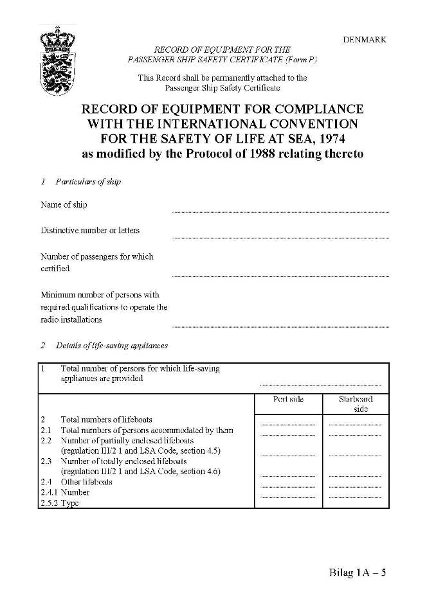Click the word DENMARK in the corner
[365, 39]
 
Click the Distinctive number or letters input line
[280, 236]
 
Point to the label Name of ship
[64, 205]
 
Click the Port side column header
[288, 399]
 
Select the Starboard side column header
[356, 404]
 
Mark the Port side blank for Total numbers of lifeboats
[288, 424]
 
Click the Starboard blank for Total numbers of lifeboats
[356, 424]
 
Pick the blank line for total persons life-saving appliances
[320, 384]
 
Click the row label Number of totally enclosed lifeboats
[123, 461]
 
